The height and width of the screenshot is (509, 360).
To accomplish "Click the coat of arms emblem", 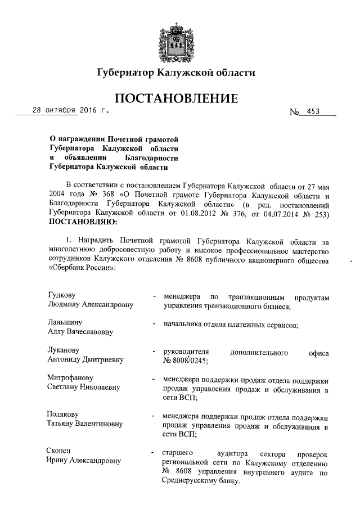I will (x=180, y=37).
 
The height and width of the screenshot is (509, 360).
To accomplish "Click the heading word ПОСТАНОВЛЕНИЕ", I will (x=176, y=99).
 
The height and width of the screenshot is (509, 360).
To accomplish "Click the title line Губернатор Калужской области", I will (x=176, y=73).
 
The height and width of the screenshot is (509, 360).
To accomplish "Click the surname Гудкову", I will (x=62, y=295).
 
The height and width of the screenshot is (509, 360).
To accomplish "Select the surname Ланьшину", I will (x=64, y=322).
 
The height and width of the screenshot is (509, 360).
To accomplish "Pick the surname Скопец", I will (x=59, y=452).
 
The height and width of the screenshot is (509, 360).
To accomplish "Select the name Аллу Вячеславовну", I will (x=80, y=332).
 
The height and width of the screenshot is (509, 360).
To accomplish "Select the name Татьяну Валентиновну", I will (x=85, y=424).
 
